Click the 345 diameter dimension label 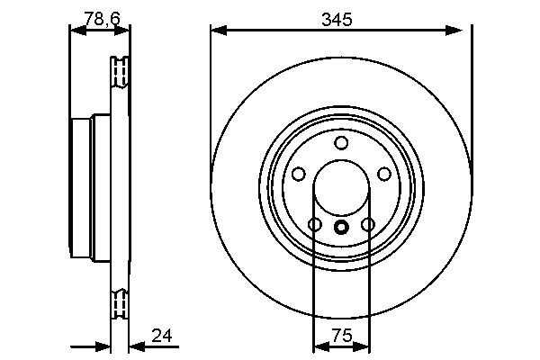[340, 18]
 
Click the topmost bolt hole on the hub [340, 143]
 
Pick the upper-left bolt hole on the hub [298, 174]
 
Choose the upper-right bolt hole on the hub [383, 174]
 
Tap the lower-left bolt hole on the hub [314, 224]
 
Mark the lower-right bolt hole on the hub [367, 224]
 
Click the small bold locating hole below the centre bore [340, 227]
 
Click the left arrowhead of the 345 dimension [217, 31]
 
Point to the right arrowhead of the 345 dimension [463, 31]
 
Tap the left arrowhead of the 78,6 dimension [76, 31]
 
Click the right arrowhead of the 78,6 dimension [123, 31]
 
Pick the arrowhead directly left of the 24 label [136, 346]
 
